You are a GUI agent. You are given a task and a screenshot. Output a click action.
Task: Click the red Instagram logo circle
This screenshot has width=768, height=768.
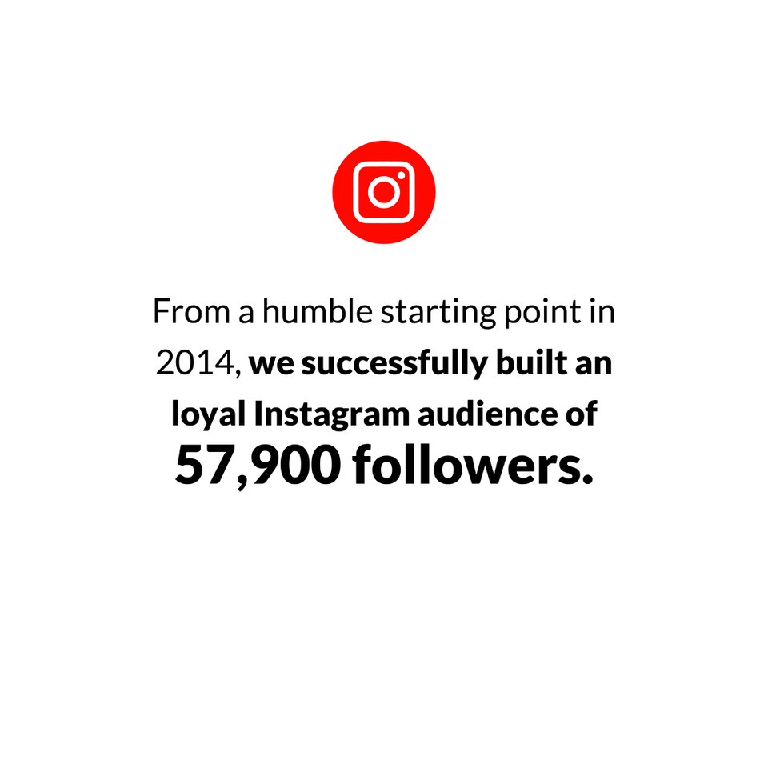point(383,192)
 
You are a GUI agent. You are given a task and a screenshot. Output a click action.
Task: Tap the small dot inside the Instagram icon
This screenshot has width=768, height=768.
point(401,175)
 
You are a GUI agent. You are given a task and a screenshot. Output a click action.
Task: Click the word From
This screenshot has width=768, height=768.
point(191,311)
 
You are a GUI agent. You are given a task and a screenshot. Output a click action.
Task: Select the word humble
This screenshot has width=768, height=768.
point(318,311)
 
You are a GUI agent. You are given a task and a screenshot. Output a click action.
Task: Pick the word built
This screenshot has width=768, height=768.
point(531,362)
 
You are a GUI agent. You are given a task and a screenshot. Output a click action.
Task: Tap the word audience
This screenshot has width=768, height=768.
point(487,414)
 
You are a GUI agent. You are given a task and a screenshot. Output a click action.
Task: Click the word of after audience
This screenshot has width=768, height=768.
point(582,414)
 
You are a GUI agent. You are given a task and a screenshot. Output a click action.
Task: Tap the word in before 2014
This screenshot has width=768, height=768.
point(602,311)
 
